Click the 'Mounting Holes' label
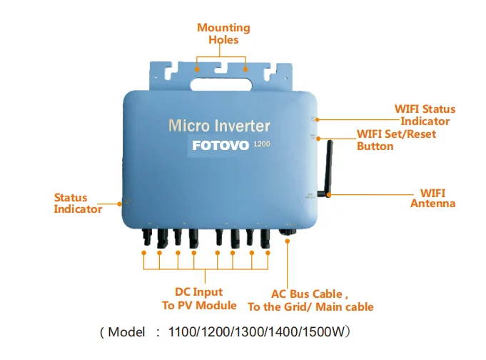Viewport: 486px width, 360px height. point(223,34)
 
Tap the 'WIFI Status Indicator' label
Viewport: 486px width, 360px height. point(425,115)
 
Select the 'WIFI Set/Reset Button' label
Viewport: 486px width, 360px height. point(396,140)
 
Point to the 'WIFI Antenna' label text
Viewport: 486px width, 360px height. point(433,198)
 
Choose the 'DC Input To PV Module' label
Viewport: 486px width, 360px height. point(199,299)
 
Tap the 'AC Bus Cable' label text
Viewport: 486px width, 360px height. point(310,300)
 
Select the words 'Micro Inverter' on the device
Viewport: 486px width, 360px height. point(219,126)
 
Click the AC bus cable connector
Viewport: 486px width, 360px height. point(287,231)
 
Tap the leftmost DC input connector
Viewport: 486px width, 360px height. point(145,235)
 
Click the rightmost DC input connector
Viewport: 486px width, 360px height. point(265,235)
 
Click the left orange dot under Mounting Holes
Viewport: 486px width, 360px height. point(198,70)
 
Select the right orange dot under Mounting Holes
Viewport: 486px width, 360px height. point(245,70)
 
